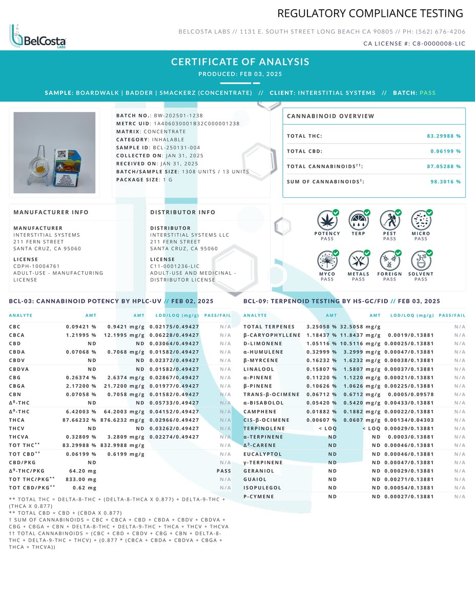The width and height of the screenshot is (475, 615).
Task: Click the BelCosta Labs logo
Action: [x=37, y=37]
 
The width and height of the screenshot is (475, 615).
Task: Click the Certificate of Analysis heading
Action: [x=240, y=62]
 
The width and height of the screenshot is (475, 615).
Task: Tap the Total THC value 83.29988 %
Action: [x=443, y=136]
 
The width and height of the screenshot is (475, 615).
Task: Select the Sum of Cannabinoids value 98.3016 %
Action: [x=445, y=182]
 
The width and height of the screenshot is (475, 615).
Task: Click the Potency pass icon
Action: [x=327, y=220]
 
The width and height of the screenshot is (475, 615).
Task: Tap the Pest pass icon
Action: [x=389, y=220]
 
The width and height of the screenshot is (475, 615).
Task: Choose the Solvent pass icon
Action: [x=421, y=261]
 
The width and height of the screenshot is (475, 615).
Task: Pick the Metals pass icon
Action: [x=358, y=261]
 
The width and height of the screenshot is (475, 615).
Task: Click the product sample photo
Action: [x=54, y=153]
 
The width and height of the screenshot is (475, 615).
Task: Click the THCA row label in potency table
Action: [x=17, y=420]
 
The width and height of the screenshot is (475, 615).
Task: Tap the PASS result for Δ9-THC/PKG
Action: [x=224, y=471]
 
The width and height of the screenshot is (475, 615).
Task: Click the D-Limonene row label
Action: [x=263, y=344]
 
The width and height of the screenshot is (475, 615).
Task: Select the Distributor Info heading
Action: [x=183, y=212]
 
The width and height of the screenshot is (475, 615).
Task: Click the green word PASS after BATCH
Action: [x=427, y=93]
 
